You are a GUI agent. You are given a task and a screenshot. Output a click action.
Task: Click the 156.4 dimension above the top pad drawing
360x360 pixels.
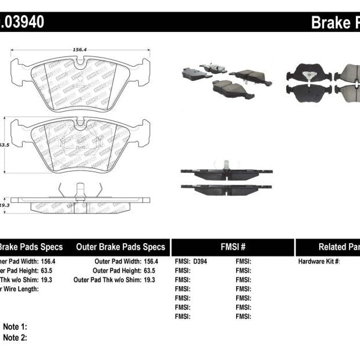(79, 50)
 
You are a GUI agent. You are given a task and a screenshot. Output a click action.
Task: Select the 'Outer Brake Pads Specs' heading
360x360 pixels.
(120, 247)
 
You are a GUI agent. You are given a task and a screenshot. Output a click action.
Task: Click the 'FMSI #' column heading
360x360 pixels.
(233, 247)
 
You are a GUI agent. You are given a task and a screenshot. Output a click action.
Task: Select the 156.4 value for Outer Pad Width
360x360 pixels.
(149, 261)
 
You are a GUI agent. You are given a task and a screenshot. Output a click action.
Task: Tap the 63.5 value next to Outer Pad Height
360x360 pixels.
(149, 270)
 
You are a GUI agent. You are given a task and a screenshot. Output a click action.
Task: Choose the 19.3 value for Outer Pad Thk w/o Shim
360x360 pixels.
(149, 280)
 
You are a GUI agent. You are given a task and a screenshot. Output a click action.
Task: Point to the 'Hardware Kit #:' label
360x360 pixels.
(319, 261)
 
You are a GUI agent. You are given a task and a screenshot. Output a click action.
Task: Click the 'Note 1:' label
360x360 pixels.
(15, 327)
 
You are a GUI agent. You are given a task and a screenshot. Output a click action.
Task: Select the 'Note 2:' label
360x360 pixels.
(15, 337)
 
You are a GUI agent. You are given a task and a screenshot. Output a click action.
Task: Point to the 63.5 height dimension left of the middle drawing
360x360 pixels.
(5, 145)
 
